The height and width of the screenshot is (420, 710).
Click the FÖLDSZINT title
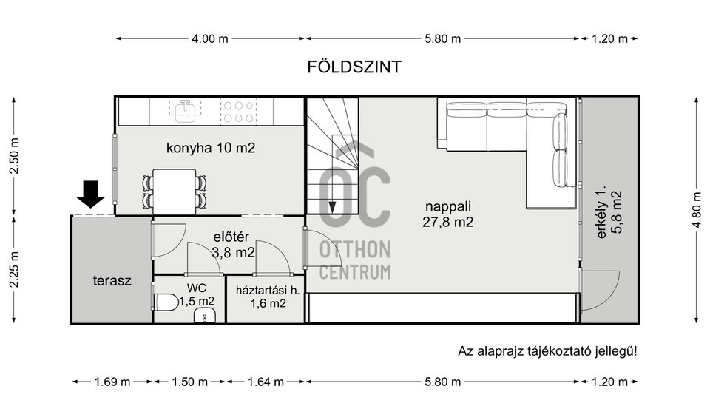point(354,67)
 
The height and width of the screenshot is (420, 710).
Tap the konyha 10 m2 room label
point(211,148)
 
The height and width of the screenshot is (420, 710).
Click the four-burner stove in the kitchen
point(238,111)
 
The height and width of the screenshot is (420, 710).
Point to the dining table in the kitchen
point(174,192)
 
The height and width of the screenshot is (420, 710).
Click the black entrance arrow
point(91,194)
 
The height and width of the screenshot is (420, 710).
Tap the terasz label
point(112,281)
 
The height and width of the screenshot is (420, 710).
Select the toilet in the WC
point(166,302)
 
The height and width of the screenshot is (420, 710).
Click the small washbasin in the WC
point(203,316)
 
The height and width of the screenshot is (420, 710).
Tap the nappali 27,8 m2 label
point(448,214)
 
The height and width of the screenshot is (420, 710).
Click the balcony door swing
point(601,290)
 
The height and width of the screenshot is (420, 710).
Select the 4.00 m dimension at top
point(210,38)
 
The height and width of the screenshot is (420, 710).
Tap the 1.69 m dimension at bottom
point(112,382)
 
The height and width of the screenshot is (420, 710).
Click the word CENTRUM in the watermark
point(355,271)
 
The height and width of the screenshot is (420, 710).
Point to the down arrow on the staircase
point(332,207)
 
